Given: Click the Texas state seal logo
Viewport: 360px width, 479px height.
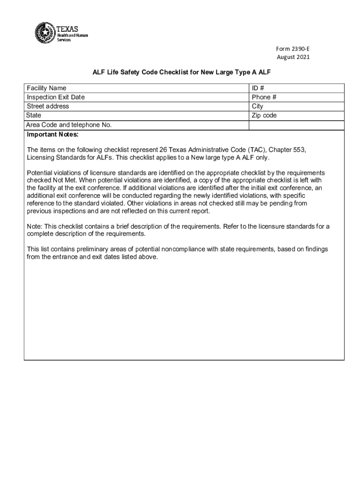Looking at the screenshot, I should pos(45,32).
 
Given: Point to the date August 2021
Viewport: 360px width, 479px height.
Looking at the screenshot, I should pos(293,58).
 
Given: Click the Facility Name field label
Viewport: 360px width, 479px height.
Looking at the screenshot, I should pos(46,88).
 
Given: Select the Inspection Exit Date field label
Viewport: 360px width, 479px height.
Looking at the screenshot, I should pos(56,97).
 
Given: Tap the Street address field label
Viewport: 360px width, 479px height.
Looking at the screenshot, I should pos(48,106).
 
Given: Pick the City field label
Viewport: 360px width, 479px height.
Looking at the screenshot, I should pos(258,106).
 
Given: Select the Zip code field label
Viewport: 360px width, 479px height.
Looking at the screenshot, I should pos(264,115).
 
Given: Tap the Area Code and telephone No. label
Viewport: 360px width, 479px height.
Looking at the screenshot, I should pos(69,124).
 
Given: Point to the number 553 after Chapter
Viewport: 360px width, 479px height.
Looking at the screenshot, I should pos(300,149).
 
